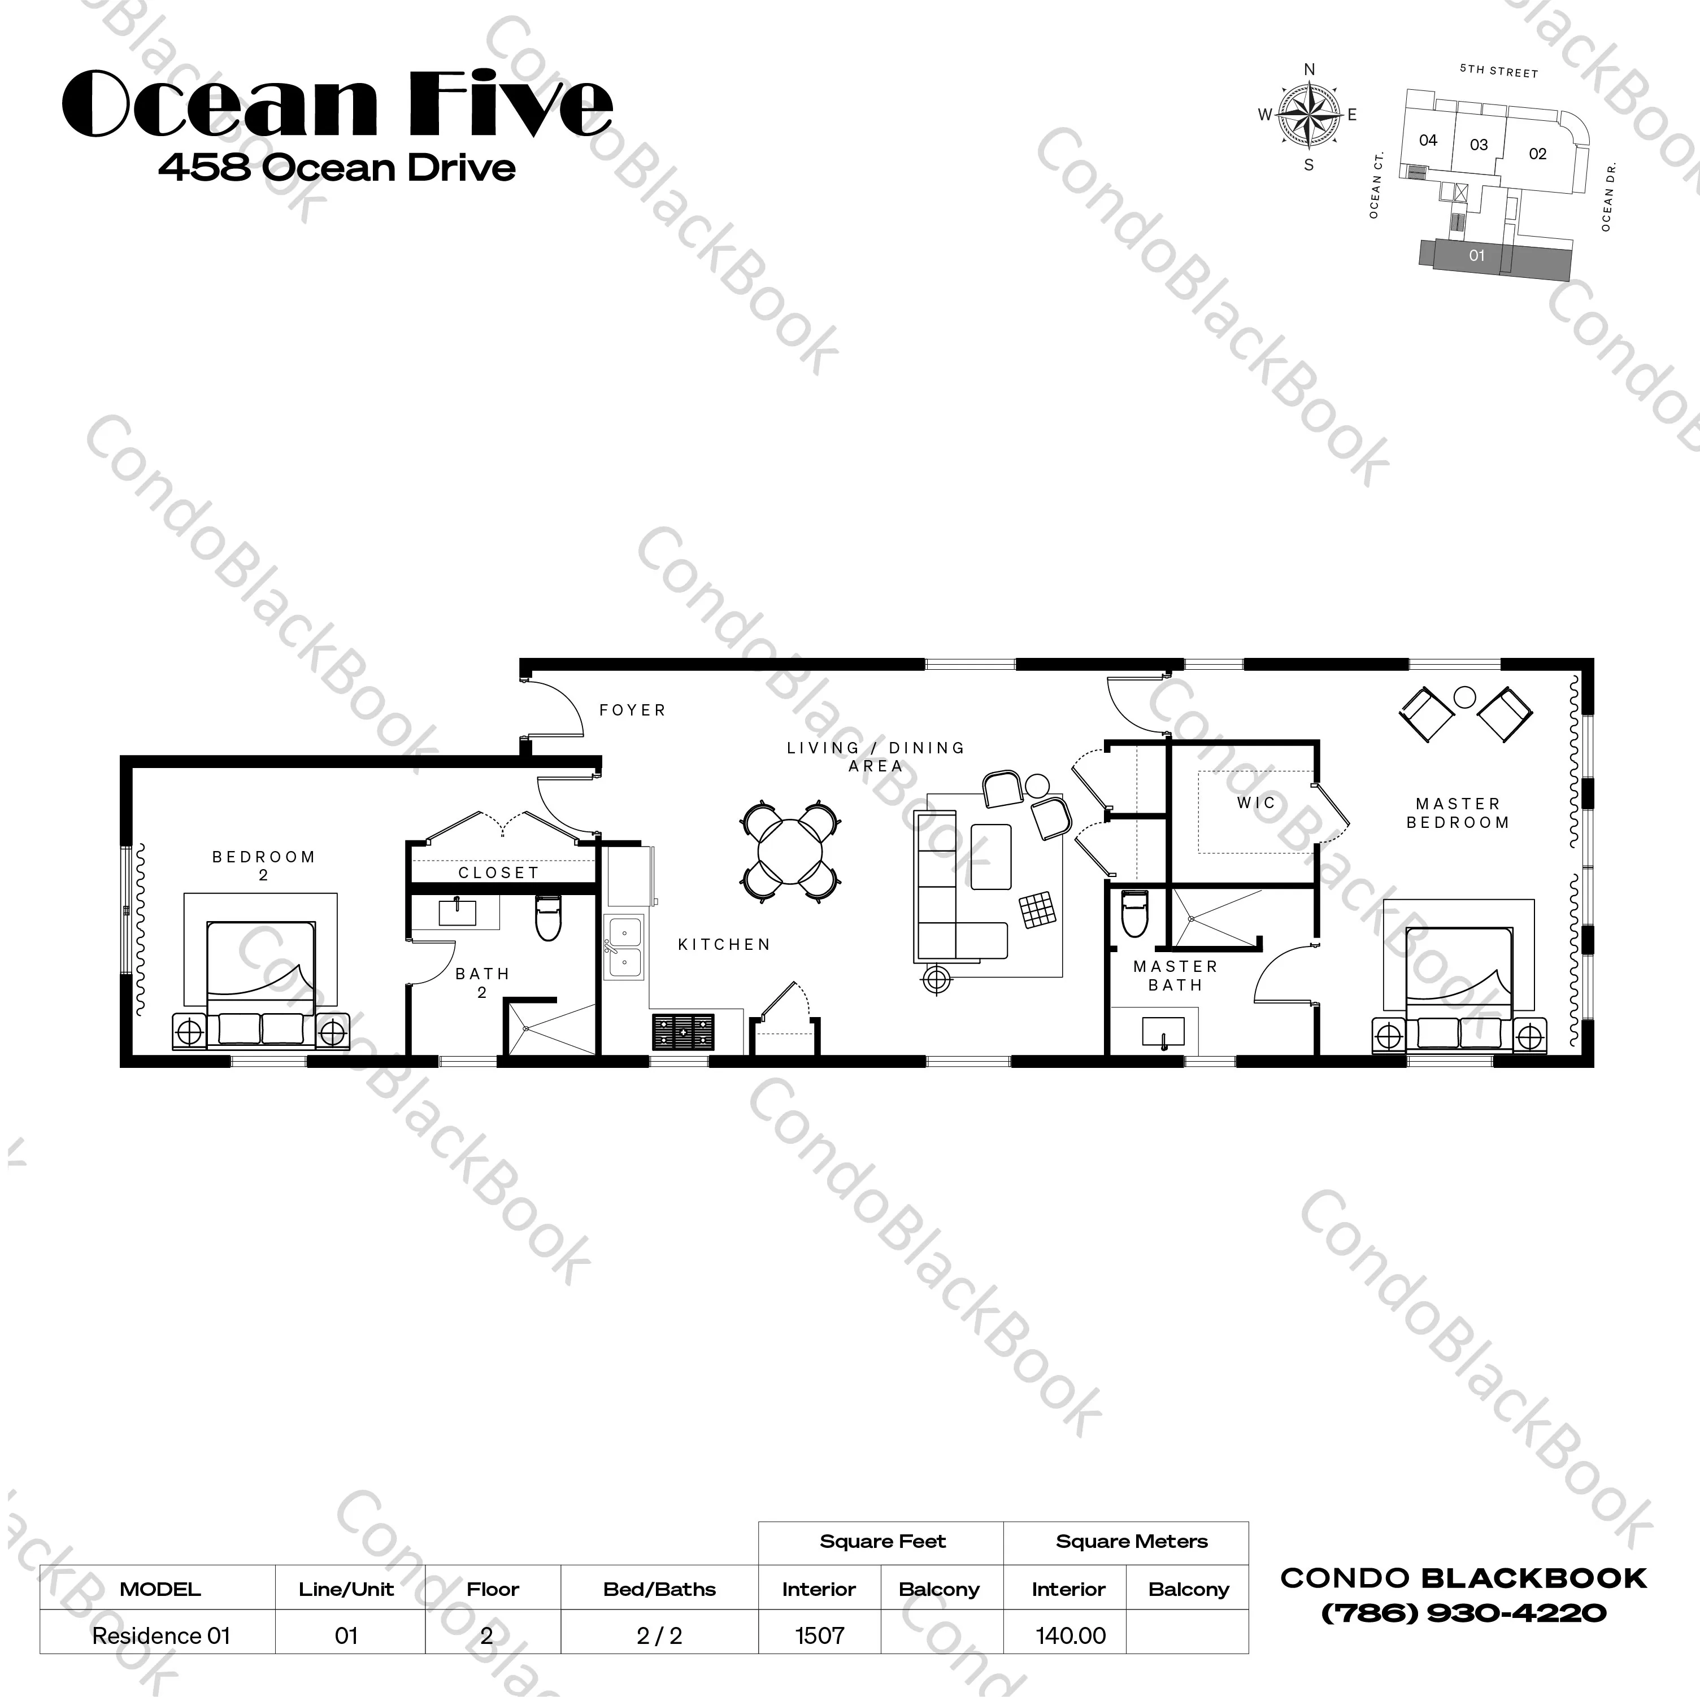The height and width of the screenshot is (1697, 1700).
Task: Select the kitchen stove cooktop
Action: (x=684, y=1032)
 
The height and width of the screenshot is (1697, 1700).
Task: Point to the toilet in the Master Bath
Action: (x=1134, y=914)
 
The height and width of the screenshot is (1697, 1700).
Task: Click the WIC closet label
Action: (x=1255, y=802)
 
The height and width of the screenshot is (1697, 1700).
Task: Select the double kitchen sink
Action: (x=625, y=946)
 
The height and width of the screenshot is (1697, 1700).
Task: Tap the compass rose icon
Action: (x=1309, y=115)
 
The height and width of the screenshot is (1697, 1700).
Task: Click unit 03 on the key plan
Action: (x=1479, y=144)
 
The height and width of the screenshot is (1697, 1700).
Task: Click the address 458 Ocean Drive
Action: (x=337, y=167)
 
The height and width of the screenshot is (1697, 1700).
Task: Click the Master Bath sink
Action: (x=1163, y=1032)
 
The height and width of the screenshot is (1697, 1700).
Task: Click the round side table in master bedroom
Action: (x=1465, y=697)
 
